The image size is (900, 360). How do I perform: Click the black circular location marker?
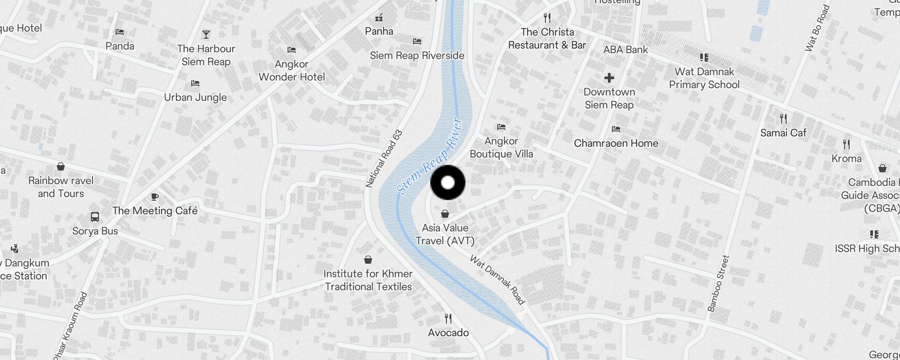tap(448, 182)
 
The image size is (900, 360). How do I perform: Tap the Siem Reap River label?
tap(430, 156)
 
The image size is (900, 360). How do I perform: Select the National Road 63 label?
tap(384, 159)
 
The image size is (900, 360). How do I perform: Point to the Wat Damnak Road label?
tap(497, 279)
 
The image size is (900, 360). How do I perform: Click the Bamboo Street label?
tap(718, 283)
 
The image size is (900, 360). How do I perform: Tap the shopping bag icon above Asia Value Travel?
tap(445, 214)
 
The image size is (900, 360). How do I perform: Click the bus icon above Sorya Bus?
tap(95, 217)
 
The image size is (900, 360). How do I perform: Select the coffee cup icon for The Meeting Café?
tap(154, 197)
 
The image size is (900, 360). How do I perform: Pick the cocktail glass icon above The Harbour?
tap(206, 35)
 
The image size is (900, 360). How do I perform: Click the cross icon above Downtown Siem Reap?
tap(609, 78)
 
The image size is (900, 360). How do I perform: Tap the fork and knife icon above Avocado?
tap(448, 319)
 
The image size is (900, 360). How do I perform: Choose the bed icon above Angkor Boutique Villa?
tap(501, 127)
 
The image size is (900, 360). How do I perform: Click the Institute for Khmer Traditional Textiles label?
tap(368, 280)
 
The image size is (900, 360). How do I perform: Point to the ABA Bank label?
tap(625, 49)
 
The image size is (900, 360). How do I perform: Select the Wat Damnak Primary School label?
tap(704, 78)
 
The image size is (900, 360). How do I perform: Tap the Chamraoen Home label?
tap(616, 143)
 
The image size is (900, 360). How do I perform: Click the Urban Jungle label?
tap(195, 97)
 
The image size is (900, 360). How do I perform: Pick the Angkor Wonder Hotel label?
tap(292, 71)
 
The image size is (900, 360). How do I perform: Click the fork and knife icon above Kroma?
tap(846, 144)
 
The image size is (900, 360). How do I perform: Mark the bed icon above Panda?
tap(120, 32)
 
